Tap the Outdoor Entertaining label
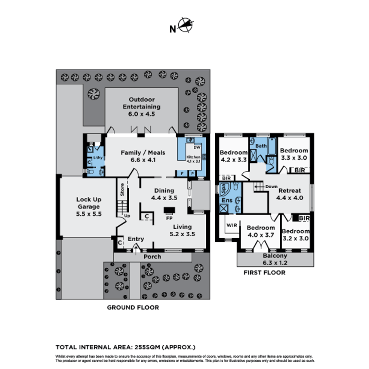point(141,107)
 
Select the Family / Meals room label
point(143,156)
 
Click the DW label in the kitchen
point(196,148)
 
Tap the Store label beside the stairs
point(122,190)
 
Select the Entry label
point(136,239)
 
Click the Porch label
point(152,257)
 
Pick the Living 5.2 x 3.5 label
point(182,230)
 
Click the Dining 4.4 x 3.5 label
point(164,194)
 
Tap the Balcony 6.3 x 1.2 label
point(275,259)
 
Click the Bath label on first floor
point(261,146)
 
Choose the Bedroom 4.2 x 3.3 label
point(233,156)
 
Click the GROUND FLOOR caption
point(133,307)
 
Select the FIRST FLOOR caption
point(264,273)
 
